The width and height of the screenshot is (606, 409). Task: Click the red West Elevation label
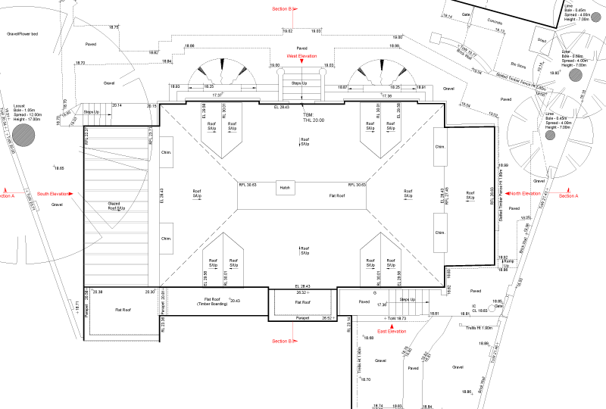pyautogui.click(x=301, y=57)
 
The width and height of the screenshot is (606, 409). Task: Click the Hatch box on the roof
pyautogui.click(x=285, y=187)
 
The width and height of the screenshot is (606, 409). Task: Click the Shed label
pyautogui.click(x=542, y=39)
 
